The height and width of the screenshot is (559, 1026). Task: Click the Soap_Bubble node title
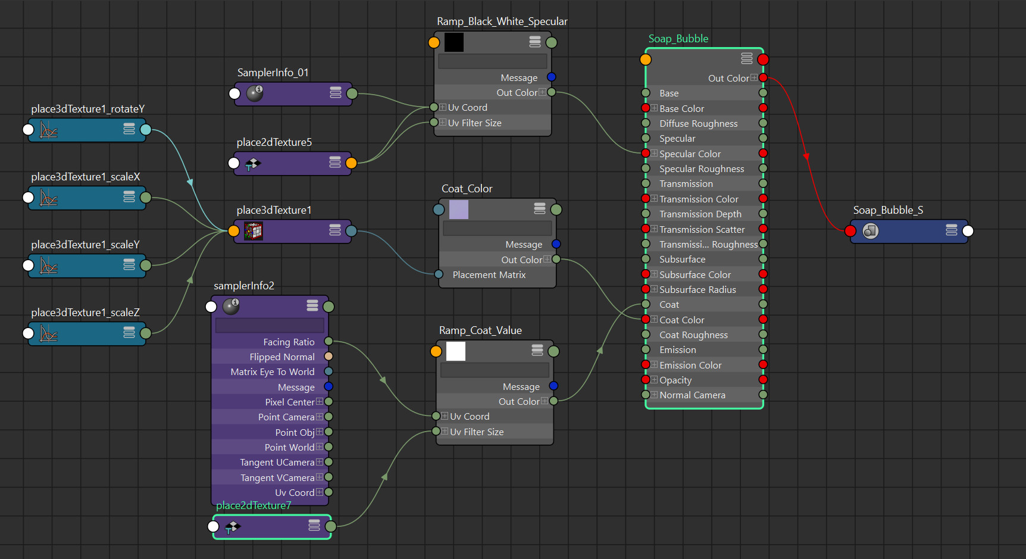pos(678,39)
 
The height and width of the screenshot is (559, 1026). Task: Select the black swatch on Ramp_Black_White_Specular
pos(454,42)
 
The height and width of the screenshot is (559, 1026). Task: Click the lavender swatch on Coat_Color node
pos(459,210)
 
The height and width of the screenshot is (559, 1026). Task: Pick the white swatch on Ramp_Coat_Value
pos(456,351)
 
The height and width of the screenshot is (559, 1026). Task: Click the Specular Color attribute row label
pos(690,154)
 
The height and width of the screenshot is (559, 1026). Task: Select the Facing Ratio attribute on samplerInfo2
pos(289,342)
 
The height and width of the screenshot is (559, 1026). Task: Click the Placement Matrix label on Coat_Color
pos(489,274)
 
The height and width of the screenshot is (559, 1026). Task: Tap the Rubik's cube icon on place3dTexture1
pos(254,231)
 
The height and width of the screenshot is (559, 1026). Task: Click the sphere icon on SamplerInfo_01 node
pos(255,93)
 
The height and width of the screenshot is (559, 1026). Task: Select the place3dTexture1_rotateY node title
pos(87,109)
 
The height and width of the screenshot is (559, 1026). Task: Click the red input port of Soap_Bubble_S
pos(850,231)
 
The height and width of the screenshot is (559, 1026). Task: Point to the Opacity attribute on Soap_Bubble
pos(675,380)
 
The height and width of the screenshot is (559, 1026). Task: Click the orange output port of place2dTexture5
pos(351,163)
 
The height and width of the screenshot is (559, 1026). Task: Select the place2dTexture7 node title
pos(254,505)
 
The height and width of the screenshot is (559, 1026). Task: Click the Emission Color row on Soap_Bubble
pos(690,365)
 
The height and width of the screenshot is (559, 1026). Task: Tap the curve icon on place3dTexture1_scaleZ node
pos(49,333)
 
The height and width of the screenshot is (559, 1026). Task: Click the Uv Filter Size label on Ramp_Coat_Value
pos(477,432)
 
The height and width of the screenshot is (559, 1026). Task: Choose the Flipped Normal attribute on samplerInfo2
pos(282,357)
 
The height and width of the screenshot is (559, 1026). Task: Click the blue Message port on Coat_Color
pos(556,244)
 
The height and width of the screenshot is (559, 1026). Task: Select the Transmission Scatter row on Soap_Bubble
pos(702,229)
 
